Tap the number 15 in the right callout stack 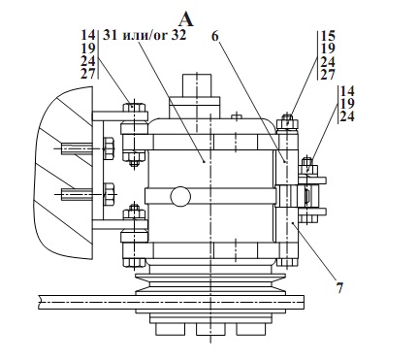[x=330, y=36]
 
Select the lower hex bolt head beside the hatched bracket [x=108, y=190]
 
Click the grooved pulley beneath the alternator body [x=208, y=286]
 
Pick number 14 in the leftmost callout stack [x=87, y=36]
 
